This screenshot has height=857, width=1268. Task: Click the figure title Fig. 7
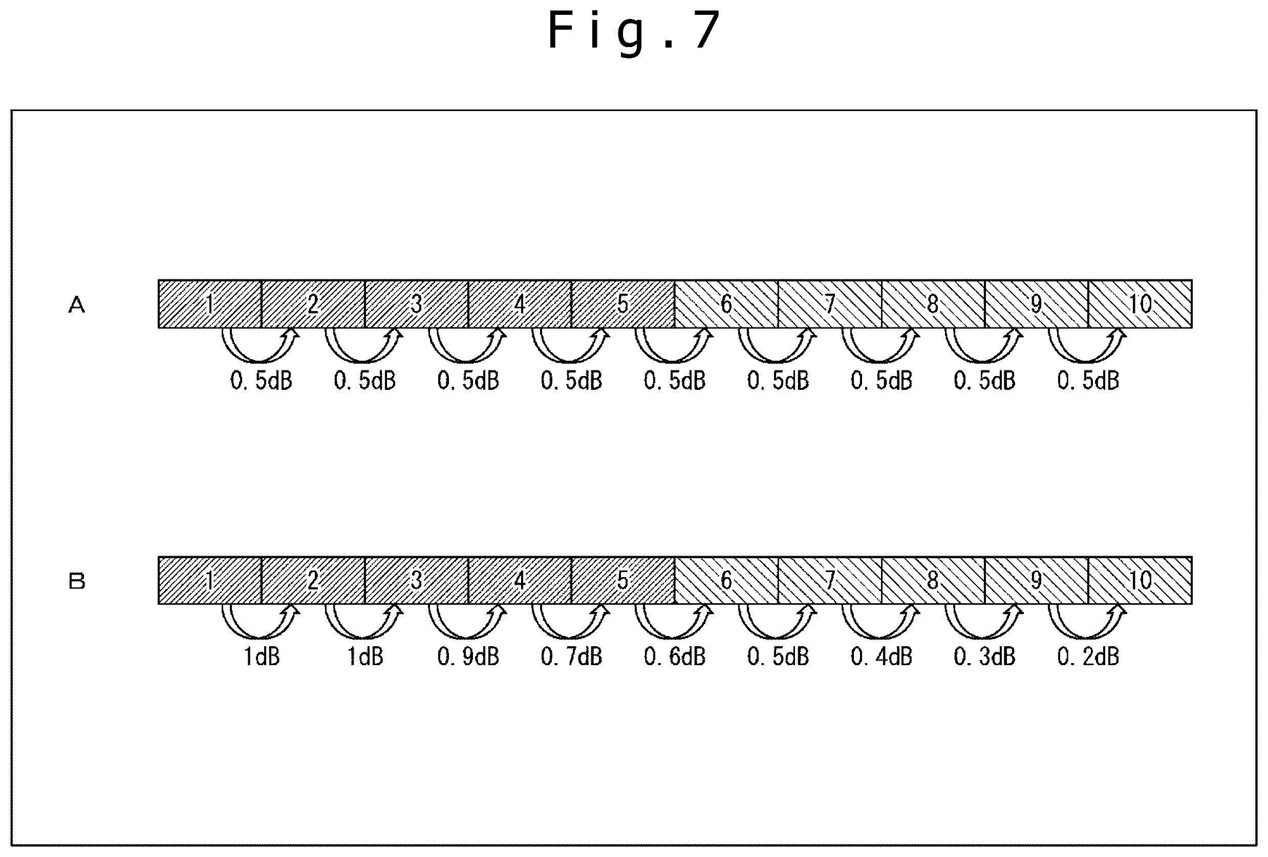click(634, 31)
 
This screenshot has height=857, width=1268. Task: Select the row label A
click(77, 305)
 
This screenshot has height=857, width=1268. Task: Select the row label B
click(77, 582)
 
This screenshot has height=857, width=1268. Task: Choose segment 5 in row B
click(623, 581)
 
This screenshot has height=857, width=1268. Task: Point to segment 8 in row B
click(934, 581)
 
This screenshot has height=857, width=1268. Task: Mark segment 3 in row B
click(417, 581)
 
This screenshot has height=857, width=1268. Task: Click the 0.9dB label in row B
click(468, 657)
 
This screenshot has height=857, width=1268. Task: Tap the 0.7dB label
click(571, 657)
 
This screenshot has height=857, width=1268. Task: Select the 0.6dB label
click(675, 657)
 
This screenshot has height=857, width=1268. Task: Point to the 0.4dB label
click(881, 657)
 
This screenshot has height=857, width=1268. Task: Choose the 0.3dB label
click(985, 657)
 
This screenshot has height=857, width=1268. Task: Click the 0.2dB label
click(1088, 657)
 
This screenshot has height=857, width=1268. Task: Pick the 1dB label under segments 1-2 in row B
click(262, 657)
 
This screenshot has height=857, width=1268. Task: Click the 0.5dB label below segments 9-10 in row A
click(1088, 381)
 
